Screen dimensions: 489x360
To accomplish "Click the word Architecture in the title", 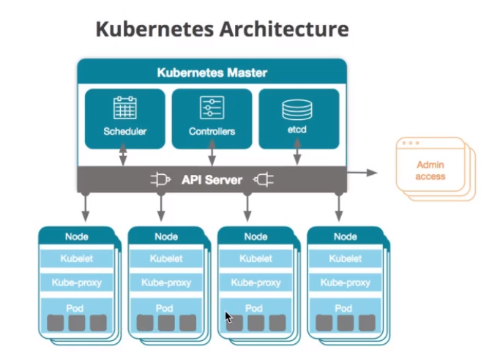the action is point(284,29).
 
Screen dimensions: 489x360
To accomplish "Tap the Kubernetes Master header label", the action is point(212,72).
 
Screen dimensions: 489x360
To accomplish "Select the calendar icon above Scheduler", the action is point(124,108).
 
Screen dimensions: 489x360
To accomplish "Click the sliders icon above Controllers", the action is point(212,108).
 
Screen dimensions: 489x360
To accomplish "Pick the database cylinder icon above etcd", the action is point(297,110).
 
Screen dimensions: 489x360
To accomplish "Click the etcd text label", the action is point(297,130).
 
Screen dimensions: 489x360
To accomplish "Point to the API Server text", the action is point(212,180).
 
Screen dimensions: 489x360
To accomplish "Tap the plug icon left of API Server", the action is point(160,180).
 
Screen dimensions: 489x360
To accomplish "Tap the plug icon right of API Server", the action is point(264,180).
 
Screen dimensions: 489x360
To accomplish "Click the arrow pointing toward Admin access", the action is point(362,173).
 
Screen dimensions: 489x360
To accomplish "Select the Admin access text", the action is point(430,170).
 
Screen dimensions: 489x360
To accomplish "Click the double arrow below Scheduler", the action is point(123,154).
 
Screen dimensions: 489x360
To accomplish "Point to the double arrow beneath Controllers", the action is point(212,152).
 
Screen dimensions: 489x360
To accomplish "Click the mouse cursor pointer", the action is point(228,318).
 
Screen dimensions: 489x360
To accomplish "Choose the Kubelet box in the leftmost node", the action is point(77,258).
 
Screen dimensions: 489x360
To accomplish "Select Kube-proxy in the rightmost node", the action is point(346,282).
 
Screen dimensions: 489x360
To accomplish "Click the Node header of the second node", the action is point(166,236).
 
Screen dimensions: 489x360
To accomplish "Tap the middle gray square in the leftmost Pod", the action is point(77,323).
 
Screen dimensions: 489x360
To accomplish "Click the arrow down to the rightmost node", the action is point(339,207).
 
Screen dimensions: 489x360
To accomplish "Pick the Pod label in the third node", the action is point(254,309).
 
